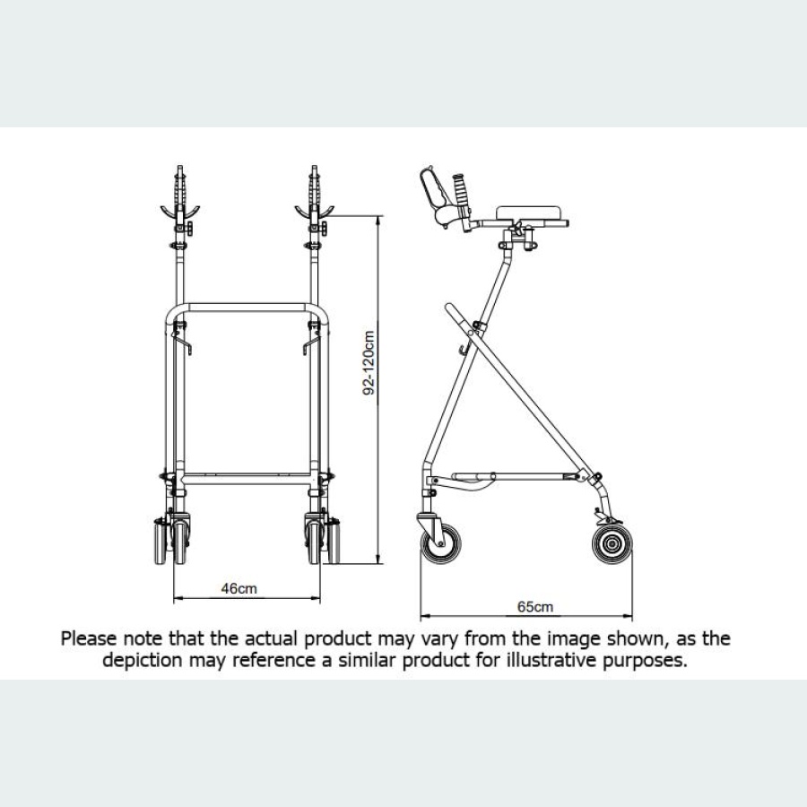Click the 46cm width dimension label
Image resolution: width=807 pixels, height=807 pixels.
239,589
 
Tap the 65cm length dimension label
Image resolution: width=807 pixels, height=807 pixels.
535,607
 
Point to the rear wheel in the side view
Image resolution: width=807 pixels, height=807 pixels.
611,544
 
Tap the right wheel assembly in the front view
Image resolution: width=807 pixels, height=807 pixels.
319,540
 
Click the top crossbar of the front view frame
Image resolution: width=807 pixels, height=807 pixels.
247,308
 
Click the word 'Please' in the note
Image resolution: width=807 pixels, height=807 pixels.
88,639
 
